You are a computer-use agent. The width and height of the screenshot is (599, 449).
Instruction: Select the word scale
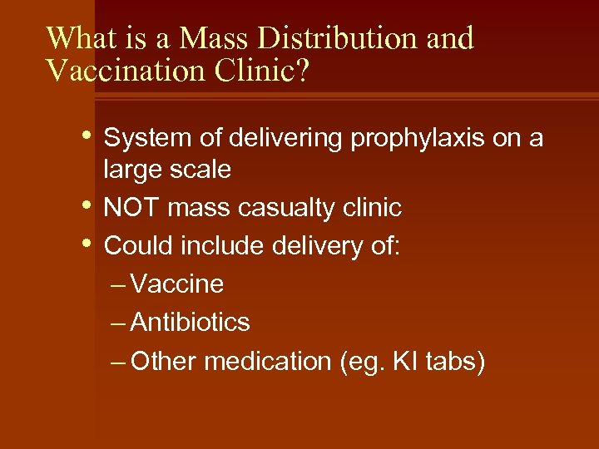pos(200,169)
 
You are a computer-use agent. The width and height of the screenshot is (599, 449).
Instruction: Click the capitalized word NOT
pos(131,208)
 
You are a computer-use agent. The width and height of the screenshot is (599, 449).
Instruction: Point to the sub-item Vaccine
pos(177,284)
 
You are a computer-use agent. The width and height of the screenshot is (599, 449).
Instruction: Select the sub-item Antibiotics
pos(191,323)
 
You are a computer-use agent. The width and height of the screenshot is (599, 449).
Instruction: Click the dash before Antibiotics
pos(118,323)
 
